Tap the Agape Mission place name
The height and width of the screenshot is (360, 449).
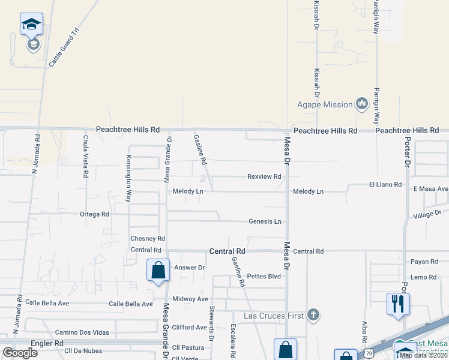click(325, 104)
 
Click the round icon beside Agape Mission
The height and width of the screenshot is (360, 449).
click(361, 104)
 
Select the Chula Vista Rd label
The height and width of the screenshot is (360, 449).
click(86, 156)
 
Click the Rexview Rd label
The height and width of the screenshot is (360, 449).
click(265, 176)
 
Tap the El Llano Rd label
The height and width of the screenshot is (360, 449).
click(385, 185)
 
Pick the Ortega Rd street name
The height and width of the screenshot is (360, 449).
click(95, 214)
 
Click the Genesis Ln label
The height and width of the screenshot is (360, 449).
click(265, 221)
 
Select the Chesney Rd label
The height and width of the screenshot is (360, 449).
click(147, 239)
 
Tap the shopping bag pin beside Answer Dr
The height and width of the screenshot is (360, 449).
click(158, 270)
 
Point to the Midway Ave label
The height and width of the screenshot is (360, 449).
click(190, 299)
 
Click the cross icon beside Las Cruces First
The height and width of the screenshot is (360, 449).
click(312, 315)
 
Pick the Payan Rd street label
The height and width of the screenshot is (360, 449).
click(424, 262)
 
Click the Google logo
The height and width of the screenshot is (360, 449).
click(20, 352)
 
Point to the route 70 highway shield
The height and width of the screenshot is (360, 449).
click(369, 354)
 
